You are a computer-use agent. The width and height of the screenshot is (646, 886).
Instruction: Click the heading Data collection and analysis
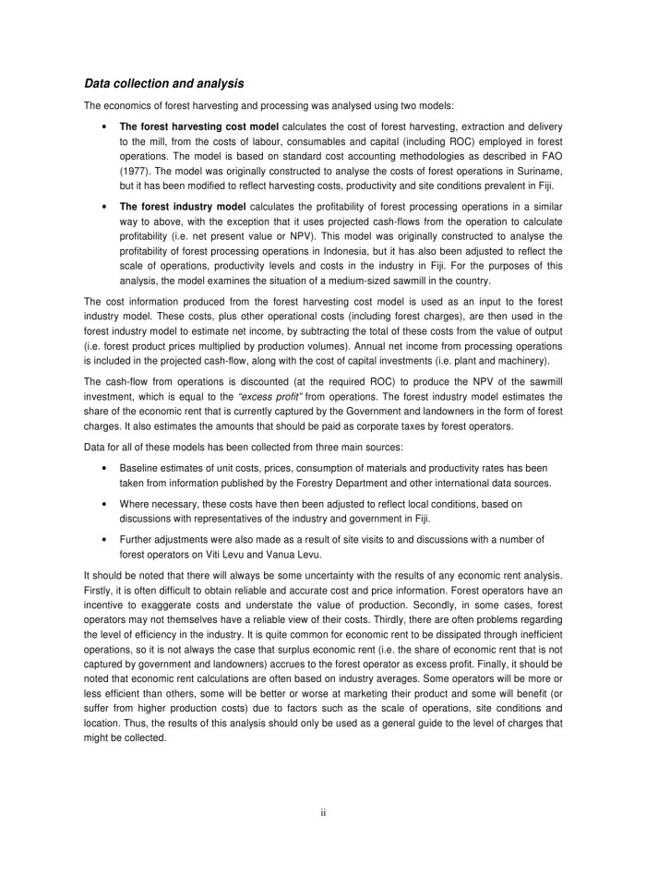(163, 84)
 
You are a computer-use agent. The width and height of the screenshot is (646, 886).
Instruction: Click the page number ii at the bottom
(323, 812)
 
